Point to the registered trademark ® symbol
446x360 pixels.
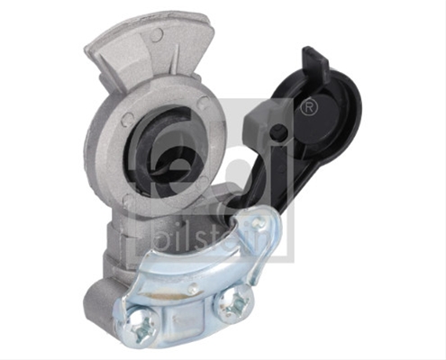pyautogui.click(x=309, y=107)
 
